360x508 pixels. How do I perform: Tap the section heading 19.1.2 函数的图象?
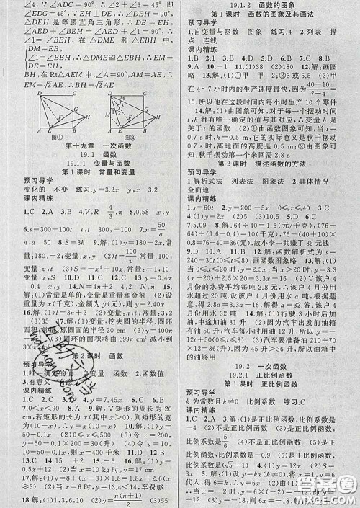point(270,5)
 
